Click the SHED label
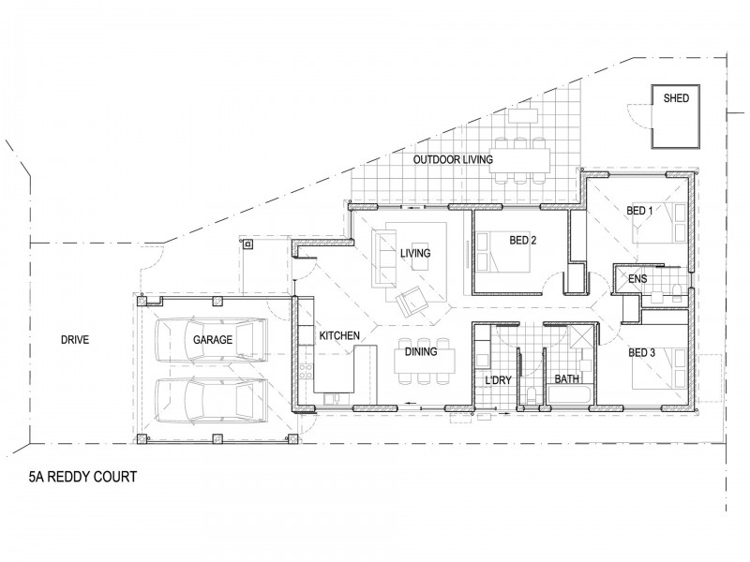(676, 97)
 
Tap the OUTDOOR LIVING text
(454, 161)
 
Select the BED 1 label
(640, 212)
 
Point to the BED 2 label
(522, 240)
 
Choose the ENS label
(637, 278)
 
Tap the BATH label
(566, 379)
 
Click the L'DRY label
(497, 379)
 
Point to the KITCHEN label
(337, 334)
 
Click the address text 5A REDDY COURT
(83, 477)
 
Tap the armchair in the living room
(412, 302)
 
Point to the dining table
(427, 359)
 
